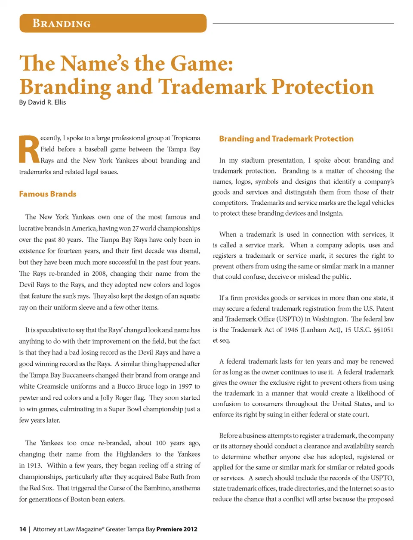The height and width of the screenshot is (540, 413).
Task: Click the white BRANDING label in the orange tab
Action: coord(62,23)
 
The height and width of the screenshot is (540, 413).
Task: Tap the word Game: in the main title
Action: coord(202,64)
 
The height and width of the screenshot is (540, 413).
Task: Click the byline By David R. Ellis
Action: coord(43,102)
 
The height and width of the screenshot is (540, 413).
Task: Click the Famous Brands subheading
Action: coord(48,194)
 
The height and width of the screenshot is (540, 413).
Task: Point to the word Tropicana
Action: coord(186,138)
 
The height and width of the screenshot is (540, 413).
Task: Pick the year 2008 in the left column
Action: coord(97,273)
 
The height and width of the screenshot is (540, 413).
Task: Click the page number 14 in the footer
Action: coord(22,529)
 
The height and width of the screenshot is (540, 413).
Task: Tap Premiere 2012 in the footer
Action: coord(177,529)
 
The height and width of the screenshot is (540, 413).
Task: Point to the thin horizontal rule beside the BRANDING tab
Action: coord(303,23)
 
